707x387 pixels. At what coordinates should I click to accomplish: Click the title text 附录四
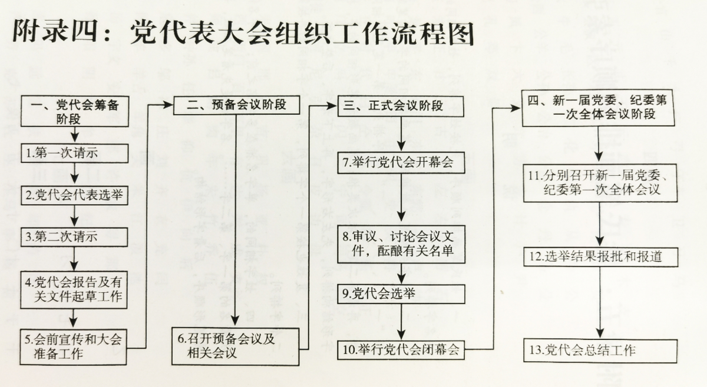[x=55, y=32]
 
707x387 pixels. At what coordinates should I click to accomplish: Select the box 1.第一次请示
[x=74, y=154]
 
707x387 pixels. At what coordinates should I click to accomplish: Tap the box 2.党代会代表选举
[x=74, y=195]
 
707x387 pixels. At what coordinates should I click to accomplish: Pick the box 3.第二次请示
[x=74, y=237]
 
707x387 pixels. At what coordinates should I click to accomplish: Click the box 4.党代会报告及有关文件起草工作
[x=74, y=289]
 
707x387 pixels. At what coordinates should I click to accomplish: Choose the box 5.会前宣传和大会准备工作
[x=73, y=347]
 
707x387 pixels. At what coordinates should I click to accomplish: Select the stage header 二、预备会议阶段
[x=236, y=105]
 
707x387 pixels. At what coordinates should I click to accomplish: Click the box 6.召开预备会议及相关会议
[x=235, y=346]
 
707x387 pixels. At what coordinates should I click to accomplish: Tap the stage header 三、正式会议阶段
[x=401, y=106]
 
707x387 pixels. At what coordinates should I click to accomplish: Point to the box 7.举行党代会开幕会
[x=401, y=162]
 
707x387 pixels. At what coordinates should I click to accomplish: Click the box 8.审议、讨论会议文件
[x=401, y=244]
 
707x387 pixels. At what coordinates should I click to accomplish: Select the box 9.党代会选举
[x=401, y=294]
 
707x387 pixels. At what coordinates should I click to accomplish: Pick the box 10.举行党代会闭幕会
[x=401, y=350]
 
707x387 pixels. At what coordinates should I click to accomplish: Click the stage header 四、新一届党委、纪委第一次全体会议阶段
[x=599, y=108]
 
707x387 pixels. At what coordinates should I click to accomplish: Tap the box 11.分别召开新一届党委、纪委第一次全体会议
[x=600, y=183]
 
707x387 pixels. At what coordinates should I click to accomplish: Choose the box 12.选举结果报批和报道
[x=600, y=257]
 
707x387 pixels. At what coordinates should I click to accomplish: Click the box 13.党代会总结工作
[x=600, y=351]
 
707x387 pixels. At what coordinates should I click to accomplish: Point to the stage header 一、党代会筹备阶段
[x=75, y=112]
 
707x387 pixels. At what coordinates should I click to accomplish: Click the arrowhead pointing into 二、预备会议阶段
[x=168, y=105]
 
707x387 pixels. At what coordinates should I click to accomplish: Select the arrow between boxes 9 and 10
[x=401, y=322]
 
